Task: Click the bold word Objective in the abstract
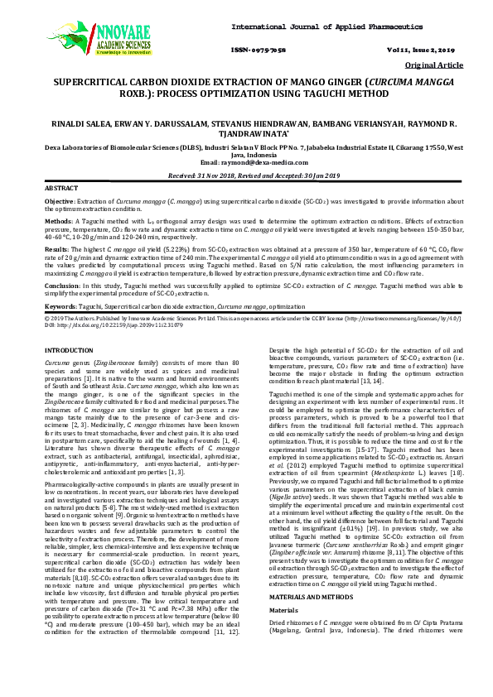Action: pos(59,201)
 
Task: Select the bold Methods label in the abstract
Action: pos(57,222)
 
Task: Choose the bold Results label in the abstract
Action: pos(56,248)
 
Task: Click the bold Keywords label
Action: pos(59,306)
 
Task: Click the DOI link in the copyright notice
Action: pos(107,324)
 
